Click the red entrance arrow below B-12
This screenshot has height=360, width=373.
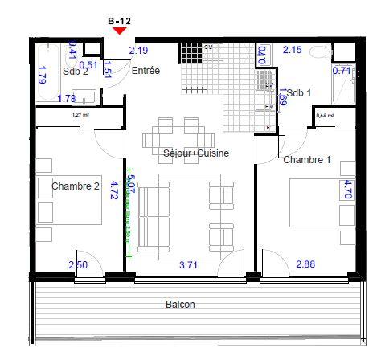click(120, 31)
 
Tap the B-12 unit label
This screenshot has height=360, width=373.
click(120, 19)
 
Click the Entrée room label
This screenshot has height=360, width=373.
click(146, 71)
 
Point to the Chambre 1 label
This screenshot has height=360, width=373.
click(306, 160)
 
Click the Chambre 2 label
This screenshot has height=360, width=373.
click(75, 186)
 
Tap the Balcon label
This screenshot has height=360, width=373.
click(180, 305)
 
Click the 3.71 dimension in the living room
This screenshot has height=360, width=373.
click(188, 264)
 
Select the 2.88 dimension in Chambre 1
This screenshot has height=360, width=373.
click(305, 264)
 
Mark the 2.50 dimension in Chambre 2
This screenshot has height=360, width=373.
click(78, 264)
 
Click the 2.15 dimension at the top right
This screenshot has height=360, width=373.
click(293, 51)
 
